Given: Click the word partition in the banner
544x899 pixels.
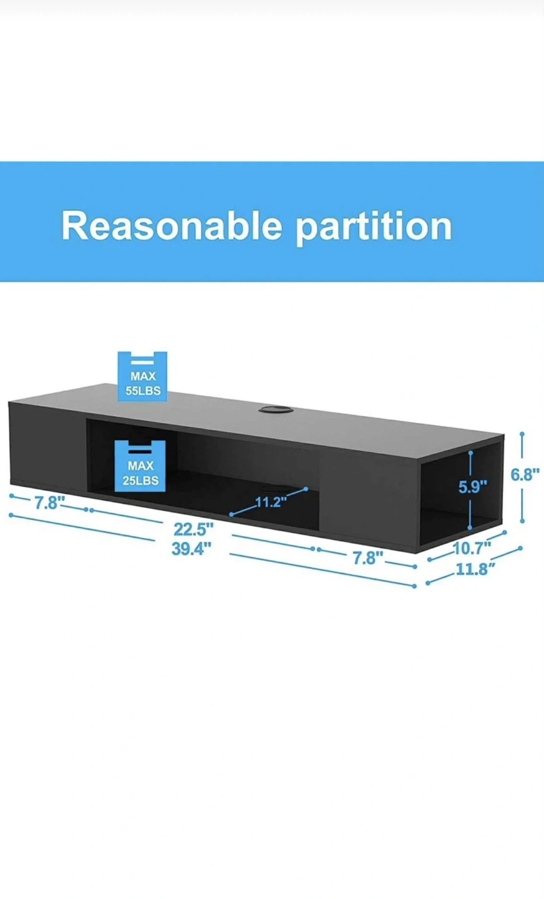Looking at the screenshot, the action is (374, 227).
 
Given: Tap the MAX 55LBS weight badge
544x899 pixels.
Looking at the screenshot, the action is (142, 376).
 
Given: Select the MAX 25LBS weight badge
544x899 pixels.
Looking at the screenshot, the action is (140, 466).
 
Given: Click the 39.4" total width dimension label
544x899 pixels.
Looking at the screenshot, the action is (191, 549).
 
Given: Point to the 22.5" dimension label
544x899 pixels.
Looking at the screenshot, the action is (193, 529).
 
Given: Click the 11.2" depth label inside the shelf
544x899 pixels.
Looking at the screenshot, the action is (271, 502).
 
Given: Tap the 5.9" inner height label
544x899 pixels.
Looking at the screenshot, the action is (473, 486).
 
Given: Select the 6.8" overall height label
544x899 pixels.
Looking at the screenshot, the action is (525, 474).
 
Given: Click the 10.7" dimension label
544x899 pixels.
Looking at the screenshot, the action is (472, 548).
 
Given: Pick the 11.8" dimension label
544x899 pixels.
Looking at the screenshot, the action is (475, 569).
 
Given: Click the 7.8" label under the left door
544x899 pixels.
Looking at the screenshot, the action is (49, 503).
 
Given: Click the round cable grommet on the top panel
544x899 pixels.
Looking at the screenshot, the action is (275, 410).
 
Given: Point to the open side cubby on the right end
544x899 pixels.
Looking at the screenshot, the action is (460, 494).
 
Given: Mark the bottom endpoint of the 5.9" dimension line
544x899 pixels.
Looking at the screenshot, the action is (470, 528).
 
